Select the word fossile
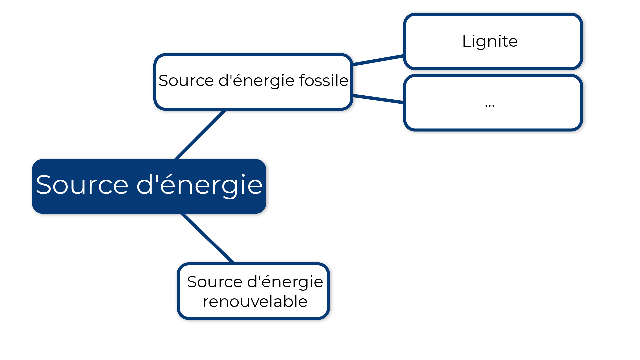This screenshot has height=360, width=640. pos(323,81)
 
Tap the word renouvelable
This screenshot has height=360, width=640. pos(255,302)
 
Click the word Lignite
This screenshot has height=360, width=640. pos(490,41)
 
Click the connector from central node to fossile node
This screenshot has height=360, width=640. pos(200,135)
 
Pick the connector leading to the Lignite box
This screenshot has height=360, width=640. pos(378,60)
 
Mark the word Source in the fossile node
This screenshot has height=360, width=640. pos(186,81)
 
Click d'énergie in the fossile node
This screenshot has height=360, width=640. pos(257,81)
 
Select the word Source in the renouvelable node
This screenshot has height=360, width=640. pos(215,282)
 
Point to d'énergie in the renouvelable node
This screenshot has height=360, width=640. pos(285,282)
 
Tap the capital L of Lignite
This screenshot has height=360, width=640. pos(466,41)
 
